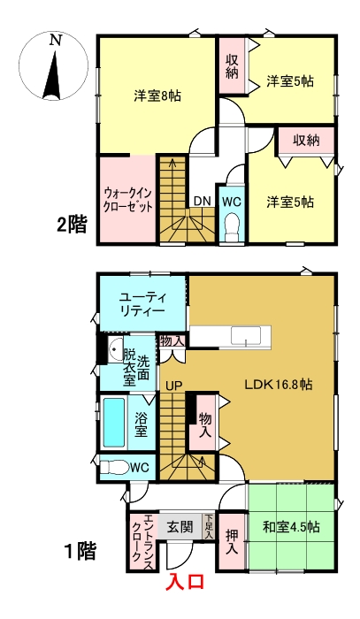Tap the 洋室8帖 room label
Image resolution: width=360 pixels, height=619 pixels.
157,96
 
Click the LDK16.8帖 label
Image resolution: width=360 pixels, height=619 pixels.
278,385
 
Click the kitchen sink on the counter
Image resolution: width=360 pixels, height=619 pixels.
242,335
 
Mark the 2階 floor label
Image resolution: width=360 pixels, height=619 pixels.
72,225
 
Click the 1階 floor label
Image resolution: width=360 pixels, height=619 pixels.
79,552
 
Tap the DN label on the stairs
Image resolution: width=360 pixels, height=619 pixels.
202,201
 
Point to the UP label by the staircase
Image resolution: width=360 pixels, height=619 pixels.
172,386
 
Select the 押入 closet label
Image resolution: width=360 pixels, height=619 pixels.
232,540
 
